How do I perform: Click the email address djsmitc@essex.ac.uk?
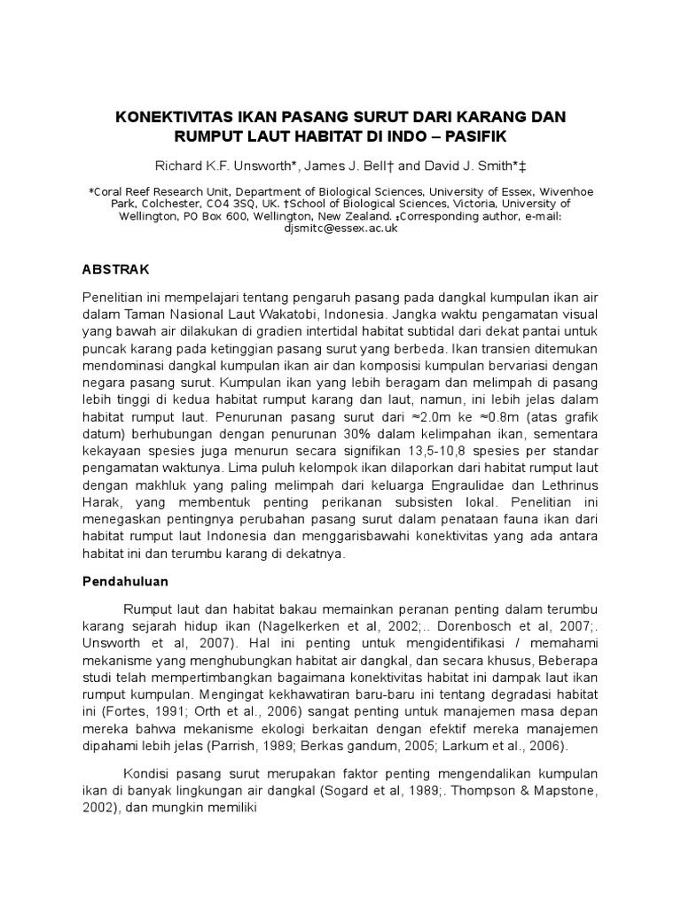pyautogui.click(x=340, y=228)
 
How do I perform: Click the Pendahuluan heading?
pyautogui.click(x=130, y=585)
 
